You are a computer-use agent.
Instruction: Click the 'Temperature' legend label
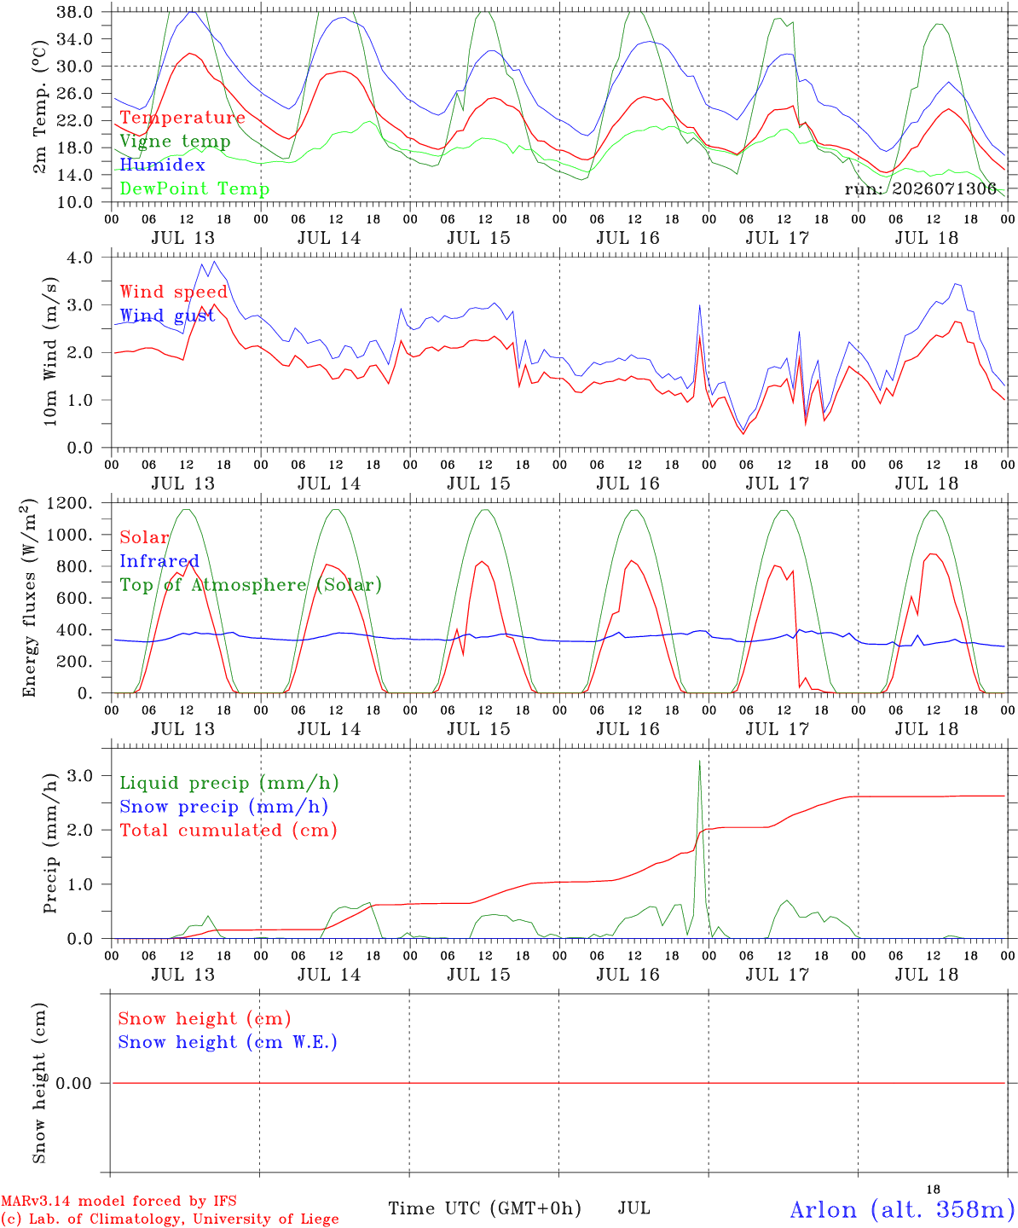click(x=182, y=118)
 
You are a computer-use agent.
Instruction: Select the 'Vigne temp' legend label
click(x=176, y=142)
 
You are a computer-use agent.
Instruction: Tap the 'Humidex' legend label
click(x=162, y=165)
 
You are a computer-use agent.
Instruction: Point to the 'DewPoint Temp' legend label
click(x=194, y=188)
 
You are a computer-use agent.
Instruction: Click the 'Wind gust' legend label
click(x=168, y=316)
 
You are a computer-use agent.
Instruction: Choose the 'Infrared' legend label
click(x=159, y=561)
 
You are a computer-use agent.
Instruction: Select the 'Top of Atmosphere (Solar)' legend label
click(x=252, y=585)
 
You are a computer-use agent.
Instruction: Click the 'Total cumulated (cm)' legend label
click(x=228, y=831)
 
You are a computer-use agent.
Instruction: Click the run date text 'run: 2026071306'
click(x=920, y=188)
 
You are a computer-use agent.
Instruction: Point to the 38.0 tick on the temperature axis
click(x=75, y=12)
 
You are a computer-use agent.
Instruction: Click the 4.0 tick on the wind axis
click(x=79, y=258)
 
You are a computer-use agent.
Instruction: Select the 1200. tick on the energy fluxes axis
click(x=70, y=503)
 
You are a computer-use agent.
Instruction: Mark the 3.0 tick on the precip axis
click(x=79, y=776)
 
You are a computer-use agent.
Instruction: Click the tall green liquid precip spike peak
click(x=699, y=761)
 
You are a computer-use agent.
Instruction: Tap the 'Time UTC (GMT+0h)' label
click(x=484, y=1208)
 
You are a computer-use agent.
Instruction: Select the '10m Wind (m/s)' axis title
click(x=50, y=351)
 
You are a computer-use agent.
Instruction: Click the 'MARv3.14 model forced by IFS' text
click(x=119, y=1201)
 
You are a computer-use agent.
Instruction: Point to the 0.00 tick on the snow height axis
click(x=73, y=1083)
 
